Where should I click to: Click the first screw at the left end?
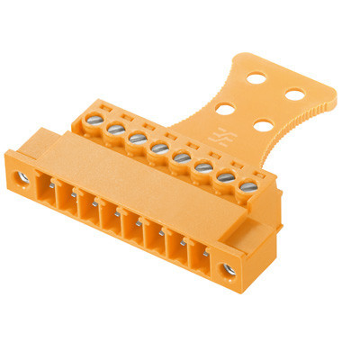[x=94, y=119]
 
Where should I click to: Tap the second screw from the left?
[x=116, y=130]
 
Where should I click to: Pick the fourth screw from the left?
[x=159, y=147]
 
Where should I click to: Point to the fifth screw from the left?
[x=180, y=156]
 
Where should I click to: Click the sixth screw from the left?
[x=202, y=166]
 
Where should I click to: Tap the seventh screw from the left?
[x=224, y=175]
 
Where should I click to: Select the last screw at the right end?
[x=247, y=185]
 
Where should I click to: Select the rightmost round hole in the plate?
[x=293, y=93]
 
